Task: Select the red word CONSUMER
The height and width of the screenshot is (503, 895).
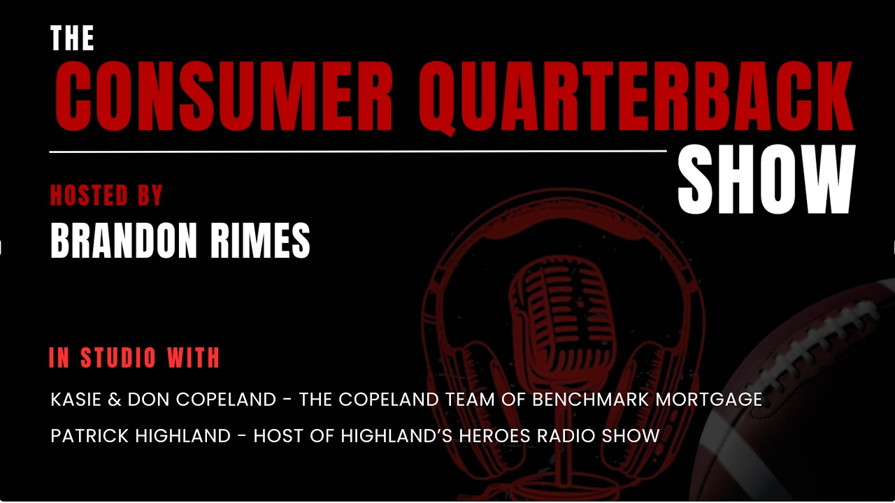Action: click(223, 96)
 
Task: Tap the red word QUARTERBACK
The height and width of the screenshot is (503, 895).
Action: click(640, 96)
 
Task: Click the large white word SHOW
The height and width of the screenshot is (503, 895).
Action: click(766, 180)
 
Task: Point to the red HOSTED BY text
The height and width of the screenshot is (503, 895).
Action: click(106, 196)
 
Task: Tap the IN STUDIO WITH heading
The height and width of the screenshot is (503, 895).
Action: click(134, 358)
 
